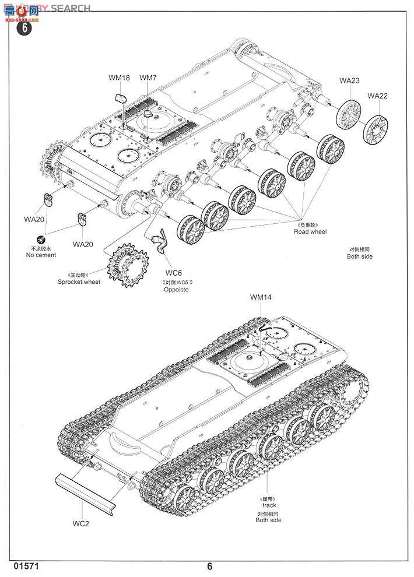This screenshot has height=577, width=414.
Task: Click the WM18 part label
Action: point(119,77)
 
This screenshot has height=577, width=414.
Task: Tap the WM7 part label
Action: point(148,77)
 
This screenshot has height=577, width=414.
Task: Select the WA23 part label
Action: point(350,81)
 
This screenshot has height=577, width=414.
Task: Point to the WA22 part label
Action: point(377,96)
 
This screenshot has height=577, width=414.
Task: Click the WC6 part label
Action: point(174,273)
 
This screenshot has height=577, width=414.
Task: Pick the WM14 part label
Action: point(261,297)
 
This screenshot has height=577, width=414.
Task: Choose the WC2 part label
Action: point(80,523)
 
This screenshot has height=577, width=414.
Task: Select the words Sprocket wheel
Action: point(79,282)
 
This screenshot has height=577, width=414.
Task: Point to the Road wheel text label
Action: point(310,231)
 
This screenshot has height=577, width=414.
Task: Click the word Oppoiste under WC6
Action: point(176,290)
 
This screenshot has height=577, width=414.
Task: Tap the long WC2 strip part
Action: point(86,494)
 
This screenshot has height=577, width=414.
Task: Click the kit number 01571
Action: point(18,566)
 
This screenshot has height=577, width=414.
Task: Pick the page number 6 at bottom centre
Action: point(210,567)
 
